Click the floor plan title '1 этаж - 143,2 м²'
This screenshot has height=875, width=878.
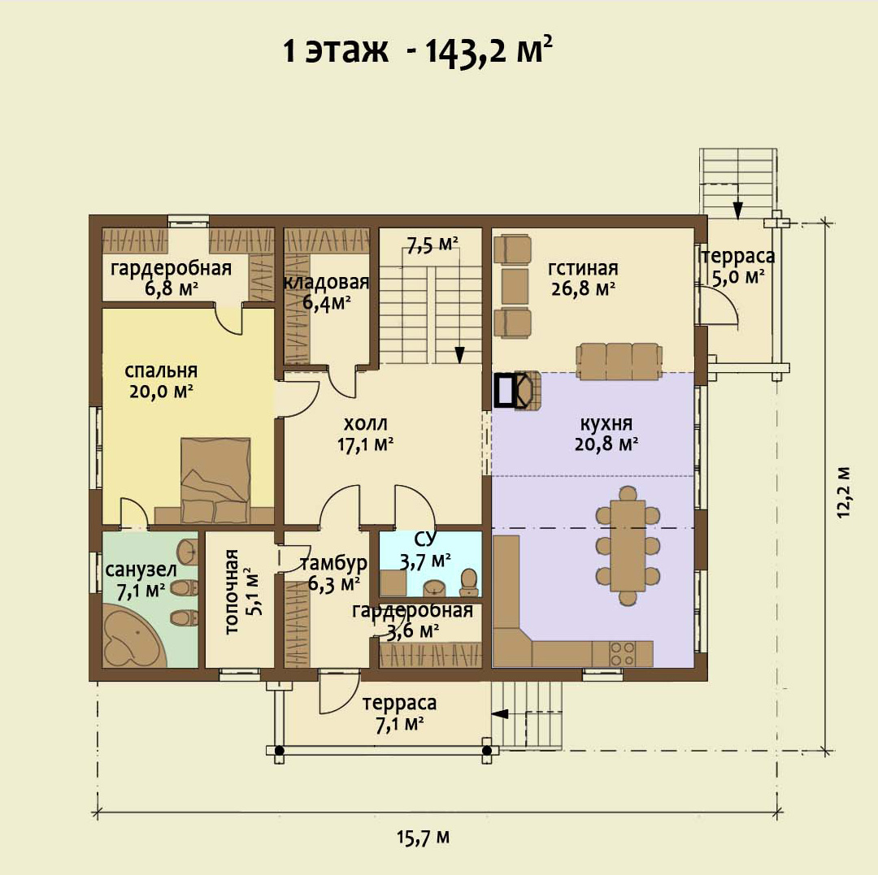pyautogui.click(x=418, y=51)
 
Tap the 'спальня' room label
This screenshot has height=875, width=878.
pyautogui.click(x=161, y=370)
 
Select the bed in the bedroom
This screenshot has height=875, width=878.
pyautogui.click(x=215, y=480)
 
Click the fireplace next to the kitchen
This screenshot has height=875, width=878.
pyautogui.click(x=517, y=390)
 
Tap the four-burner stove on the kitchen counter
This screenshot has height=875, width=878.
pyautogui.click(x=623, y=653)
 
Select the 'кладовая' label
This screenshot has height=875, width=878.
pyautogui.click(x=327, y=282)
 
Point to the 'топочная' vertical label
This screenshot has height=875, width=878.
pyautogui.click(x=232, y=592)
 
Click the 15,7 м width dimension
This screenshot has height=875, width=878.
pyautogui.click(x=424, y=837)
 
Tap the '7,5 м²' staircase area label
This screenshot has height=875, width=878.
pyautogui.click(x=432, y=245)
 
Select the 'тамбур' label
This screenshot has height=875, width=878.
pyautogui.click(x=334, y=563)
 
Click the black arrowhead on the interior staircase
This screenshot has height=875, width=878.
pyautogui.click(x=459, y=355)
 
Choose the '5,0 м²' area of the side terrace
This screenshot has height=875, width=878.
pyautogui.click(x=738, y=276)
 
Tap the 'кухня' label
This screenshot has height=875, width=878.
pyautogui.click(x=606, y=423)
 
